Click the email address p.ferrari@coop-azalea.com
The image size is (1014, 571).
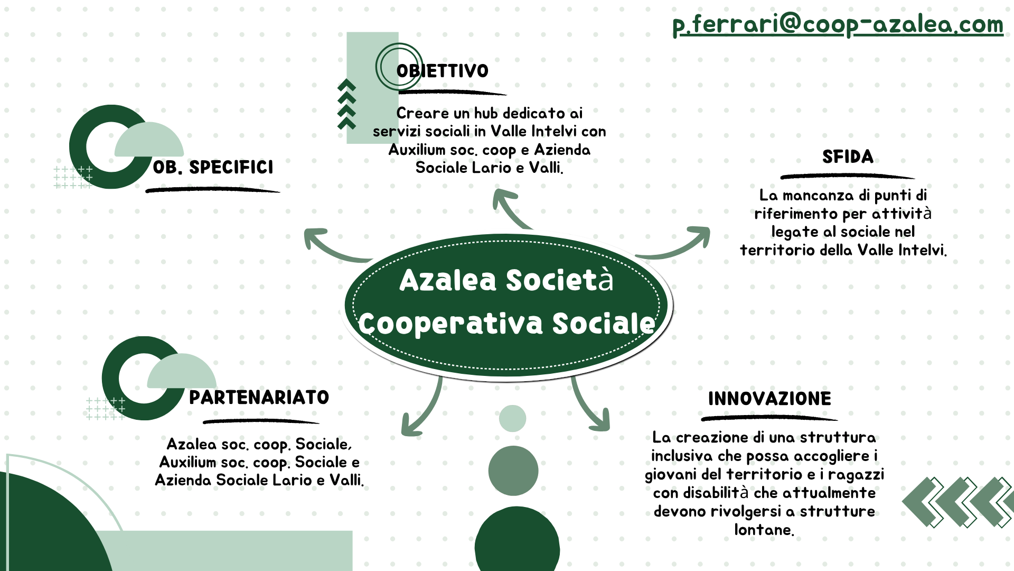(838, 24)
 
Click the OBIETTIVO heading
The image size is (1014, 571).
(443, 71)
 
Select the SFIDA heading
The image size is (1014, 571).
(848, 156)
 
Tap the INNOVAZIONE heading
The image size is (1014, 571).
(769, 399)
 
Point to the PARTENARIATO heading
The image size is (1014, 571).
(259, 397)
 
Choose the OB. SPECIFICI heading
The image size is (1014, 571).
(213, 167)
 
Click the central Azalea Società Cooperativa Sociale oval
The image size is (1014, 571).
(506, 305)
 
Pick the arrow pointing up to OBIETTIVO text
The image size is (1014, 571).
(510, 209)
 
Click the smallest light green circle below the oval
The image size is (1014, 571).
(512, 418)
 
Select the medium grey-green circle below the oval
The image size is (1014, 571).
(513, 471)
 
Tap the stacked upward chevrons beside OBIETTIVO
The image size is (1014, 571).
(346, 104)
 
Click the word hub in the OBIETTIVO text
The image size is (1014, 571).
(486, 113)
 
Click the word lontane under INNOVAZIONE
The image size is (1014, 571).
(764, 530)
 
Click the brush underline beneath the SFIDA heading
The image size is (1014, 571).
(848, 176)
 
